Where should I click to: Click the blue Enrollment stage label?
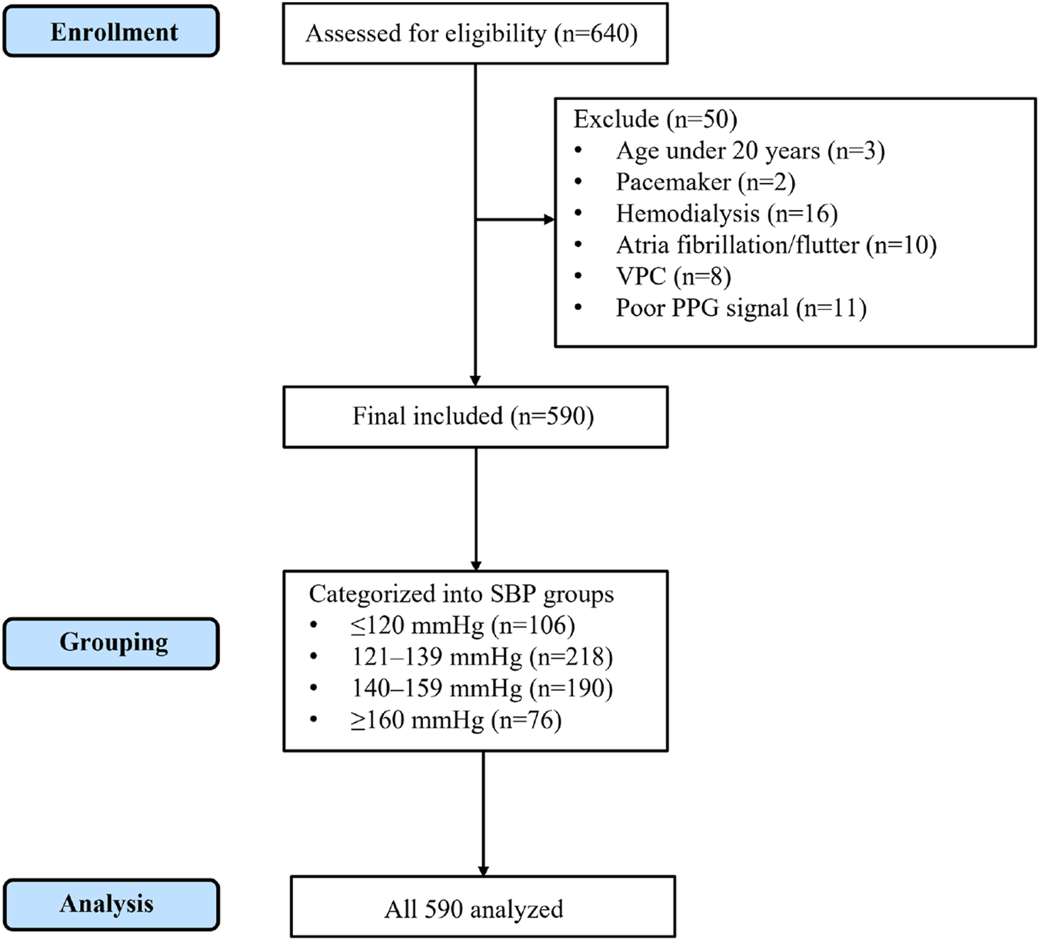(x=112, y=32)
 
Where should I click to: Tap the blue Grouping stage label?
(x=112, y=642)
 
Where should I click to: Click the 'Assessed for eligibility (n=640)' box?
(x=475, y=34)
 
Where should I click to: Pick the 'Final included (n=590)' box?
(x=475, y=416)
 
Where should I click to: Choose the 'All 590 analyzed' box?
(x=482, y=908)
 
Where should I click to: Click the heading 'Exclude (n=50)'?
(x=655, y=119)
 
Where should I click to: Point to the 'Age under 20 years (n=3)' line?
(x=750, y=151)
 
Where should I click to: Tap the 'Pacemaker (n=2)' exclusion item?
(x=705, y=182)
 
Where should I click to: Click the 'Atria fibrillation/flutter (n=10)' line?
(x=776, y=245)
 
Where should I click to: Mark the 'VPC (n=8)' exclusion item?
(x=673, y=276)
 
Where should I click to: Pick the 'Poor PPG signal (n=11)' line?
(x=741, y=308)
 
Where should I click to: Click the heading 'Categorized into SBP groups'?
(x=461, y=594)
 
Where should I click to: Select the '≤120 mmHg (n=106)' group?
(x=462, y=625)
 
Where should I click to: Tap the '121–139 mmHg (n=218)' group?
(x=482, y=657)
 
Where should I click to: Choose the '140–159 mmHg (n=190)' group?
(x=482, y=688)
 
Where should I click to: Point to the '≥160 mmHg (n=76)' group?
(x=456, y=720)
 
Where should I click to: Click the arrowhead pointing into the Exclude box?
(x=548, y=220)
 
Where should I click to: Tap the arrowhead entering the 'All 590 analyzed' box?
(x=483, y=871)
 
